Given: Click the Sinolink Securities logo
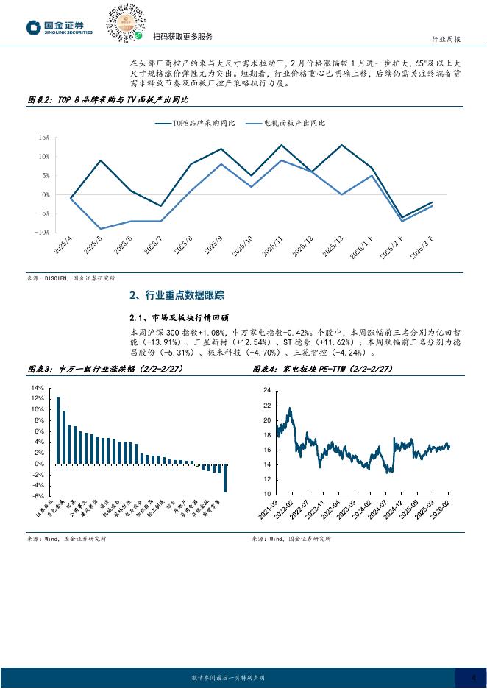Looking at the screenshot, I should pyautogui.click(x=60, y=27).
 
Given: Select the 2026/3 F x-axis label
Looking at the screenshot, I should pyautogui.click(x=422, y=248).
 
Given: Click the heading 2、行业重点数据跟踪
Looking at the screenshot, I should pyautogui.click(x=176, y=295).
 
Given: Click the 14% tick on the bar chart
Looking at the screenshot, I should pyautogui.click(x=37, y=387).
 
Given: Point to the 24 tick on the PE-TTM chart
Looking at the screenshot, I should pyautogui.click(x=267, y=391).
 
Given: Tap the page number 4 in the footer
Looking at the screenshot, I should pyautogui.click(x=473, y=679).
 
